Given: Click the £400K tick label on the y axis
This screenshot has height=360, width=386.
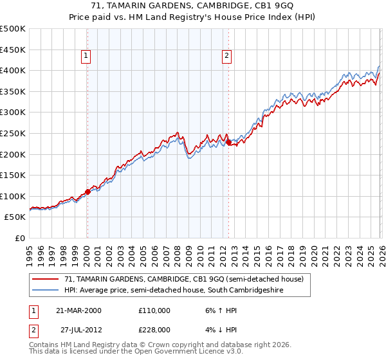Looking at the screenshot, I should pos(13,70).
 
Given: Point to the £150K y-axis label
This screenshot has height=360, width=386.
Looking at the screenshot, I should pos(13,175).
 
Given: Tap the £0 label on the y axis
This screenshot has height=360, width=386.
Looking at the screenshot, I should pos(21,238).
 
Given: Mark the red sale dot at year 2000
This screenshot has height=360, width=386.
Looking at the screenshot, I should pos(87,192).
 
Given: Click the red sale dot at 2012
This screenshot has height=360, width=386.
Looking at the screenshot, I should pos(228,143).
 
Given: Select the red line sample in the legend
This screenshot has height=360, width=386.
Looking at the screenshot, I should pos(45,279).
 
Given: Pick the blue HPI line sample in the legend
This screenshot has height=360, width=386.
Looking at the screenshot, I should pos(45,291).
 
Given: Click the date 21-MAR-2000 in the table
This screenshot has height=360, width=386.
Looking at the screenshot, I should pos(78,310).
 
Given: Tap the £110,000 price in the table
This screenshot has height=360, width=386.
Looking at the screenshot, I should pos(154,310).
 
